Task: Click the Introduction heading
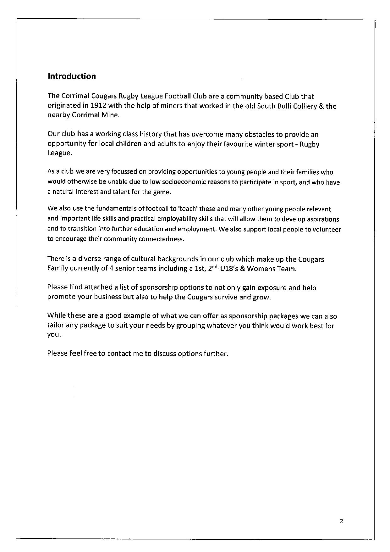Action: click(72, 76)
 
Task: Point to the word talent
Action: click(127, 192)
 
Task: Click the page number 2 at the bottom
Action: click(342, 521)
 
